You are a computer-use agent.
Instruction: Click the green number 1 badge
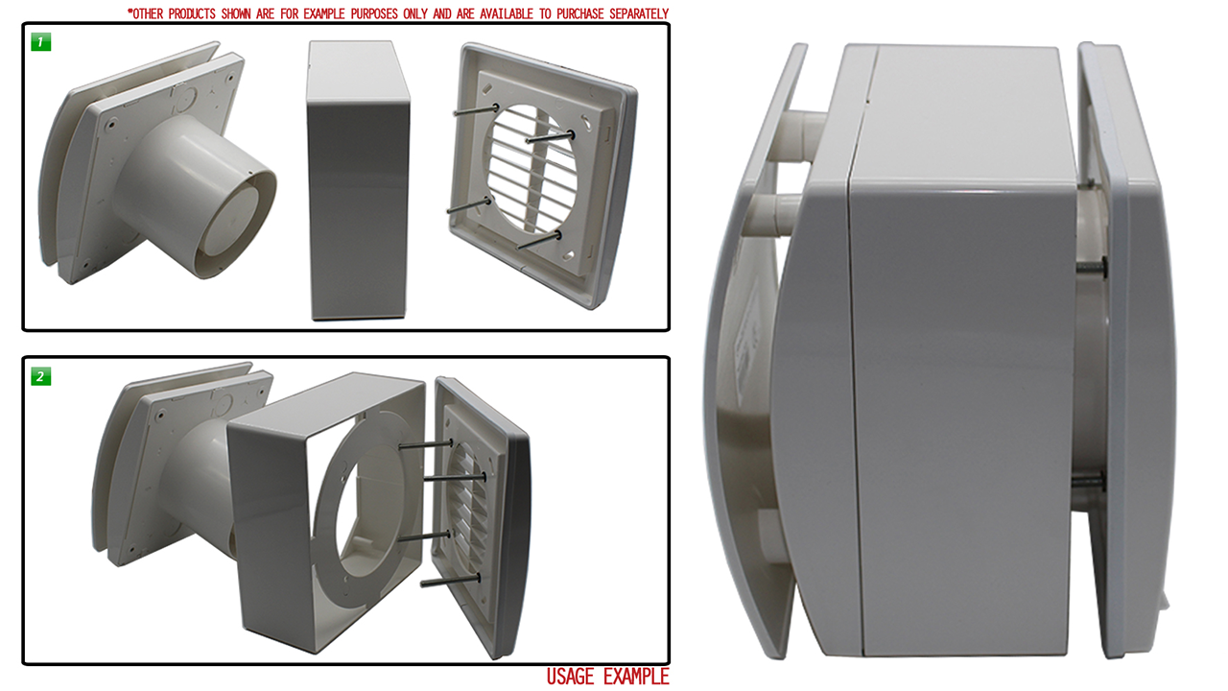coord(40,41)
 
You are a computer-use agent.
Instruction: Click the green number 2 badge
coord(40,376)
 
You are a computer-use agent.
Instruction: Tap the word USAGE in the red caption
coord(571,677)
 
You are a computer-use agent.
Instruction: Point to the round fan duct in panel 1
coord(201,198)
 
